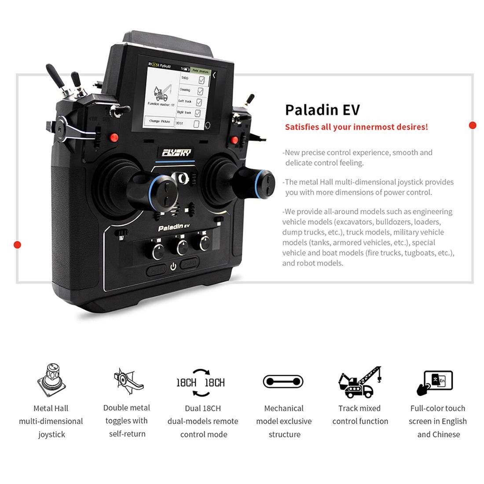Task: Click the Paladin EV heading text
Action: [322, 110]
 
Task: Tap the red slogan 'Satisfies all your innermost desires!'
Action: [356, 127]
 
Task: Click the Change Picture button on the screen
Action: [159, 121]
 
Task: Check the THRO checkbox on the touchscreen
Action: [202, 80]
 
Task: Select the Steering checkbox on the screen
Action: [200, 91]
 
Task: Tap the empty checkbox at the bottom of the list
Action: [196, 124]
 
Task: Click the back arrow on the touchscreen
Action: [214, 75]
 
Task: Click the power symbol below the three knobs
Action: [173, 266]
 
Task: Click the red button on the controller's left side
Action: [114, 137]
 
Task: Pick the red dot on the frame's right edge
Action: [473, 125]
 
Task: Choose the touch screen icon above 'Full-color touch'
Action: [435, 382]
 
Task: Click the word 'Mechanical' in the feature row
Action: [284, 408]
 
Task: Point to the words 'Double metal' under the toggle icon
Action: [126, 408]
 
